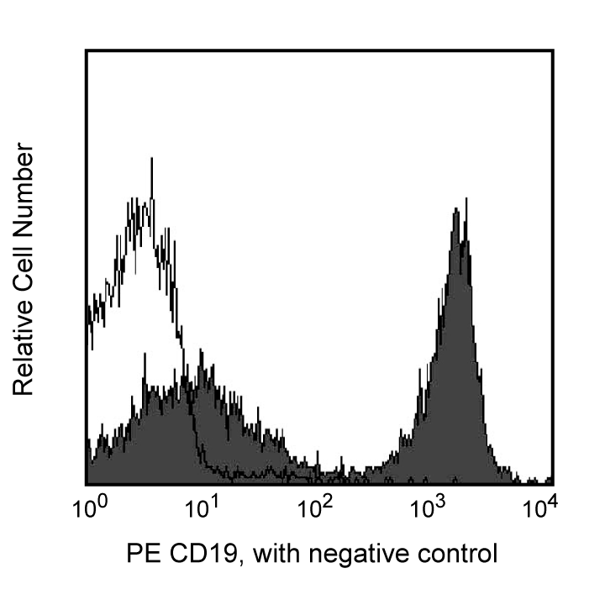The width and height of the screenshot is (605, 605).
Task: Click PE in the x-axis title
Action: pyautogui.click(x=140, y=555)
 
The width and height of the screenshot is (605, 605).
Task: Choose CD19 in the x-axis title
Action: pyautogui.click(x=192, y=555)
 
